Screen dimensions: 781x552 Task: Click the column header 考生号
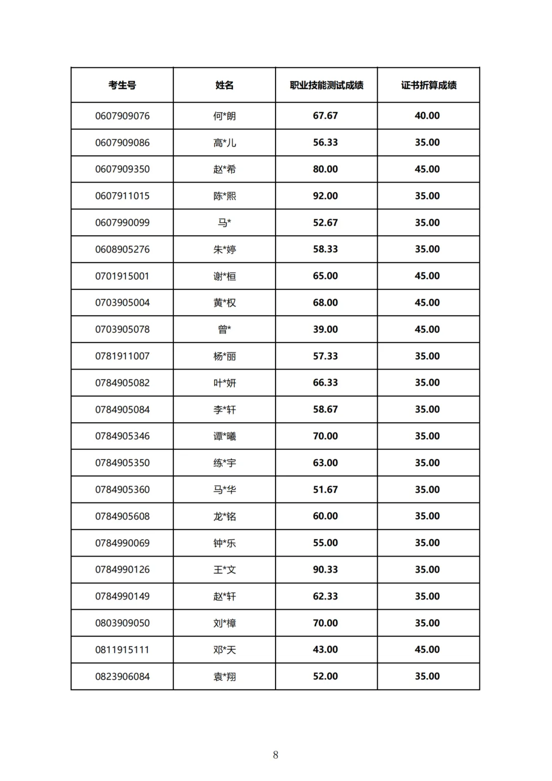122,85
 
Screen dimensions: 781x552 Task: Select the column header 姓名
224,85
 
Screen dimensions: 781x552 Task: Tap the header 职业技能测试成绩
326,85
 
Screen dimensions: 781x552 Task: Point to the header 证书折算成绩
428,85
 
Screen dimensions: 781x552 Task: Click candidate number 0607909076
122,116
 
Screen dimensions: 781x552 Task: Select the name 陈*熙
224,196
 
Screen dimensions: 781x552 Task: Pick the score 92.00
325,196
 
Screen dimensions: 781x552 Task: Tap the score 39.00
325,330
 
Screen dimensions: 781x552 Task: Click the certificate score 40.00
427,116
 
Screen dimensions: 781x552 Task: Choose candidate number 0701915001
122,277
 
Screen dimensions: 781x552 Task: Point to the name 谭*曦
224,437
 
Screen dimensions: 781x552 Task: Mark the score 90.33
325,570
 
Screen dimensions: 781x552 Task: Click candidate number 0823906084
122,677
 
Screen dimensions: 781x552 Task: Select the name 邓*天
224,650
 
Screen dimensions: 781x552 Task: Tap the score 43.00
325,650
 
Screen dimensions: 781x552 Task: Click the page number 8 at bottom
275,755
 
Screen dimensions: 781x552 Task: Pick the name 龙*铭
224,517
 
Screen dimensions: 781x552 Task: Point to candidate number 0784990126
122,570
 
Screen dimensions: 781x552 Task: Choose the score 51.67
325,490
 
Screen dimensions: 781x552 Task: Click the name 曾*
224,330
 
